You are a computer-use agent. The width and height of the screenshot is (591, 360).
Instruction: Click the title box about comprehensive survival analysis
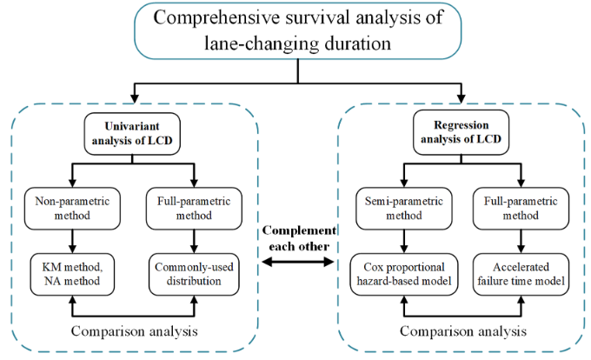coord(298,30)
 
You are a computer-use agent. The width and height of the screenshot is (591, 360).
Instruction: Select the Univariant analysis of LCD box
coord(132,133)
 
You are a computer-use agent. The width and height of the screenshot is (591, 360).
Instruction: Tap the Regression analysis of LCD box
coord(461,132)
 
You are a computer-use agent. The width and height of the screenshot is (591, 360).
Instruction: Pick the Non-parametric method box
coord(72,209)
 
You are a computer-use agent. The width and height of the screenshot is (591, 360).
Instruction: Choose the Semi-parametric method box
coord(403,209)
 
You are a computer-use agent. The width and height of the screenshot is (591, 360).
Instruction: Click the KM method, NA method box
coord(72,274)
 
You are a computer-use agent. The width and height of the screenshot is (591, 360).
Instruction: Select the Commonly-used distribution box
coord(194,274)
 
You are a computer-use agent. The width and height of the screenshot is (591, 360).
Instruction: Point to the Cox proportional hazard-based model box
coord(403,274)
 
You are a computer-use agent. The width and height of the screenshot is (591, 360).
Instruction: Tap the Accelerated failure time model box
coord(521,274)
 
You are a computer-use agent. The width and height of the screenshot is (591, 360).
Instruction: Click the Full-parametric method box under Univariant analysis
coord(194,209)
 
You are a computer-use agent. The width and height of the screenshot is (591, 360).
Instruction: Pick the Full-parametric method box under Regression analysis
coord(521,209)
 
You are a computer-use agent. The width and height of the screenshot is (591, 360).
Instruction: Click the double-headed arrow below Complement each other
coord(298,262)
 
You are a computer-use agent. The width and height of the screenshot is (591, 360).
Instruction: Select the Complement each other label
coord(299,238)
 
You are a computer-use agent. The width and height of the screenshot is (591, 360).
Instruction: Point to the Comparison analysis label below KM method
coord(134,331)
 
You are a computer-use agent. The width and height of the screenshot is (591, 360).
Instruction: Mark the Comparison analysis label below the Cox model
coord(463,331)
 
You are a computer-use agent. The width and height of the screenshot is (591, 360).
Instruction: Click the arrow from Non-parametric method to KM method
coord(72,242)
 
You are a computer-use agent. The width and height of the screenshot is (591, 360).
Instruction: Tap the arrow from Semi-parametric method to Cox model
coord(403,242)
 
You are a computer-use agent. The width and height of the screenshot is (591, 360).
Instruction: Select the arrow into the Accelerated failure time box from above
coord(521,242)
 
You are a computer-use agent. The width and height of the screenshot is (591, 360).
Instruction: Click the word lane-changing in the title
coord(262,43)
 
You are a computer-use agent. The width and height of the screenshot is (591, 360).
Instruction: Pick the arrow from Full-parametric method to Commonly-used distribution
coord(194,242)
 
